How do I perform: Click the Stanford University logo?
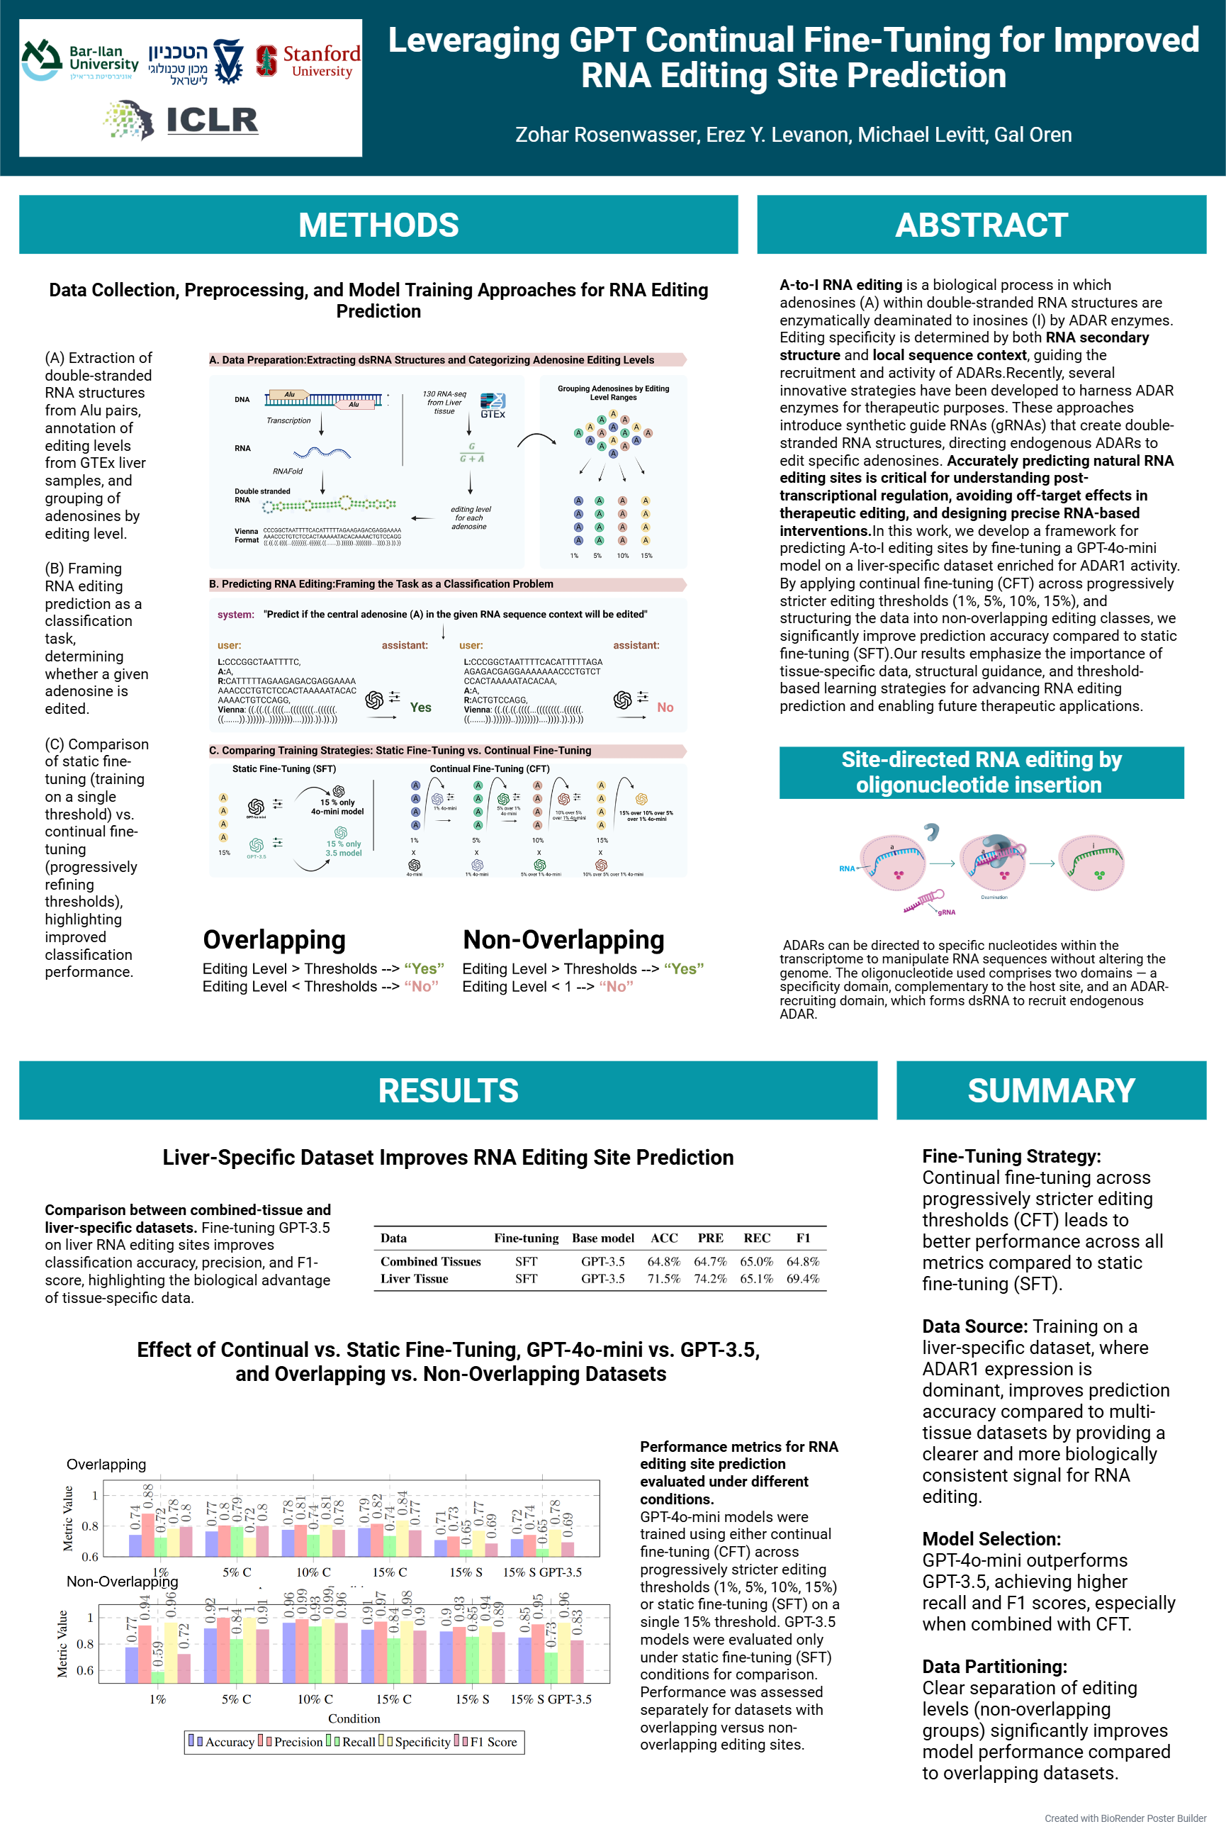pyautogui.click(x=308, y=61)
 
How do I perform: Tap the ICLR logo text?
pyautogui.click(x=211, y=120)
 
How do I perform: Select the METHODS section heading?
pyautogui.click(x=378, y=225)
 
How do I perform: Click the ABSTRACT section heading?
pyautogui.click(x=981, y=225)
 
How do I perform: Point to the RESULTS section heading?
pyautogui.click(x=448, y=1090)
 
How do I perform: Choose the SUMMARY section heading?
pyautogui.click(x=1051, y=1090)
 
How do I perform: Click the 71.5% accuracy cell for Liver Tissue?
pyautogui.click(x=664, y=1278)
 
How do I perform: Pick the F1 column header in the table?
pyautogui.click(x=803, y=1238)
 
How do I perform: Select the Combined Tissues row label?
pyautogui.click(x=431, y=1261)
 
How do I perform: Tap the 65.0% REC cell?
pyautogui.click(x=756, y=1261)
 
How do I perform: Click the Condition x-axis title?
pyautogui.click(x=354, y=1718)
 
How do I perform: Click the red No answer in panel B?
pyautogui.click(x=665, y=707)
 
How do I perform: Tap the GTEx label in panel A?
pyautogui.click(x=493, y=414)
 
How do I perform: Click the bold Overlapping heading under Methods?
pyautogui.click(x=274, y=939)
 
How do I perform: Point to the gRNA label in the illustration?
pyautogui.click(x=947, y=912)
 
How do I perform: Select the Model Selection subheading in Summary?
pyautogui.click(x=991, y=1539)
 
